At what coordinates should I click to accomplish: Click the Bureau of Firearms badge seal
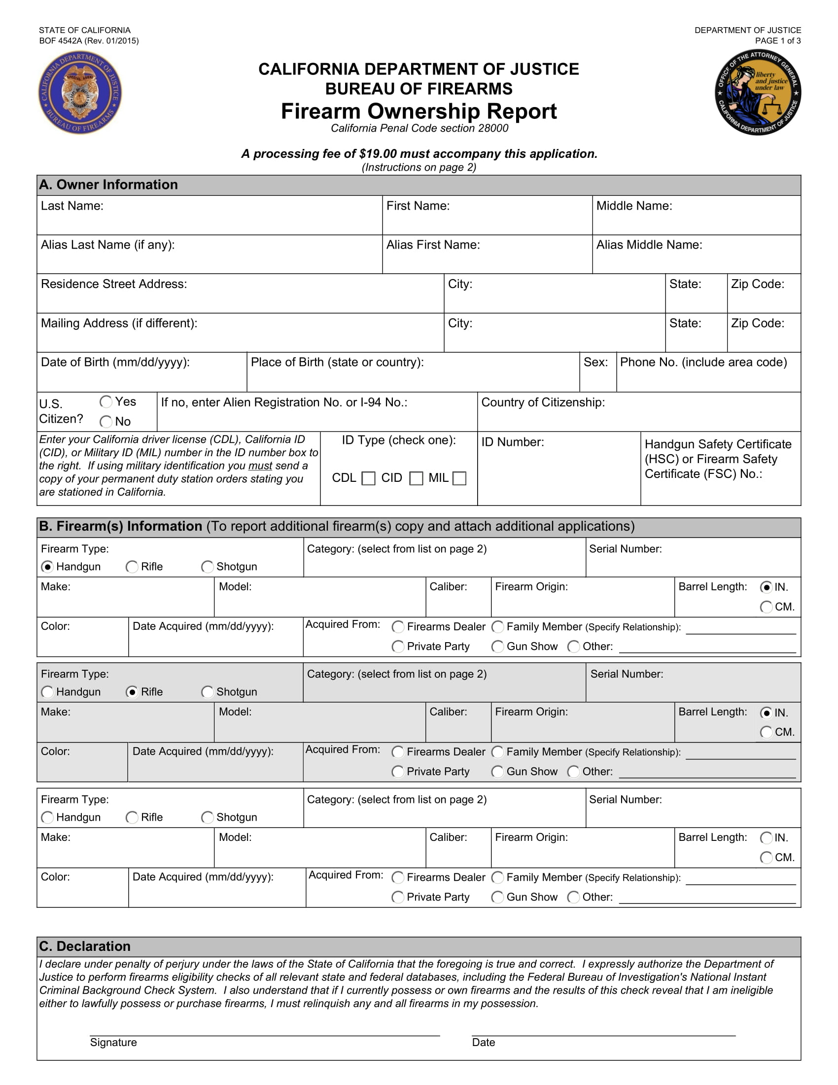tap(80, 92)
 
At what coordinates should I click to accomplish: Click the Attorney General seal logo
tap(758, 92)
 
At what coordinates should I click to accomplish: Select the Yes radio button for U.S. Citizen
tap(106, 401)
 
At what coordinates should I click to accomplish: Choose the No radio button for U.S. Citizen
tap(106, 422)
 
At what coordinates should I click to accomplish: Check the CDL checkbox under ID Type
tap(368, 478)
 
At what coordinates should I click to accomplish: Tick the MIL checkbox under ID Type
tap(460, 478)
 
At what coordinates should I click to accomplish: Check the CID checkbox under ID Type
tap(416, 478)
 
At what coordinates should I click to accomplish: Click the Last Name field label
tap(72, 206)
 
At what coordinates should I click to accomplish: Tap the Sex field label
tap(595, 362)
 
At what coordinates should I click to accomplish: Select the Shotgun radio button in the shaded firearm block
tap(208, 692)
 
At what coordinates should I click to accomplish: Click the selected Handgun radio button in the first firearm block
tap(48, 567)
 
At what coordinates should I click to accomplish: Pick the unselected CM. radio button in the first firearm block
tap(766, 607)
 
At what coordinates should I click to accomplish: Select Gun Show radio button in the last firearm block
tap(497, 897)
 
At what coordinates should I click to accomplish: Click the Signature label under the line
tap(113, 1042)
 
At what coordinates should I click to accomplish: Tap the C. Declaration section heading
tap(85, 946)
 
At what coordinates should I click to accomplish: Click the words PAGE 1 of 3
tap(777, 41)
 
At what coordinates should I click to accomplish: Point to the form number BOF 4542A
tap(61, 41)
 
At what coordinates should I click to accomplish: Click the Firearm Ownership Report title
tap(419, 111)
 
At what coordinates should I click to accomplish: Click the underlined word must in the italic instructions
tap(260, 466)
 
